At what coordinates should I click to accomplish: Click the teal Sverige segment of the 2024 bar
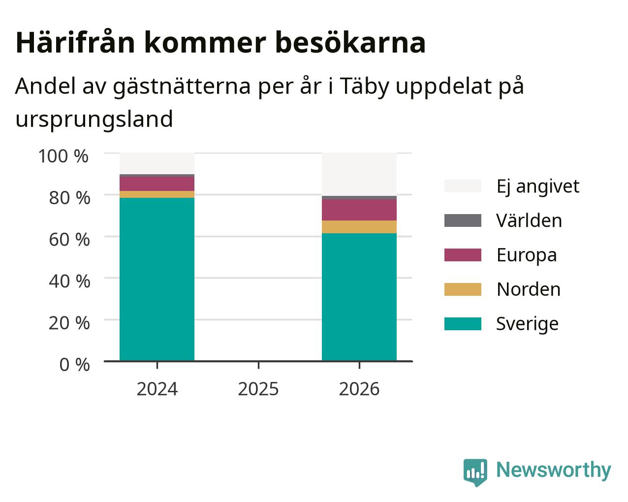tap(157, 280)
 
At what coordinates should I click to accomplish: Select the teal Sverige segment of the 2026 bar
tap(359, 297)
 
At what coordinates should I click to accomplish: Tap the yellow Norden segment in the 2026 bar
tap(359, 227)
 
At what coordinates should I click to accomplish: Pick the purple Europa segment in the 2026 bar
tap(359, 210)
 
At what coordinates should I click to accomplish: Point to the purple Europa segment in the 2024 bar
tap(157, 184)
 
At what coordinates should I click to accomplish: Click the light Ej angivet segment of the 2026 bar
tap(359, 174)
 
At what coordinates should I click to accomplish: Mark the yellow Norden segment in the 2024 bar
tap(157, 194)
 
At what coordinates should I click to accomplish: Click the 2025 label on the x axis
tap(258, 389)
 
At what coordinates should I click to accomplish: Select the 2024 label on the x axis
tap(157, 389)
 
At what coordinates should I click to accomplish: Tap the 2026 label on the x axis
tap(359, 389)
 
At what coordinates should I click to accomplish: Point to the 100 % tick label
tap(63, 156)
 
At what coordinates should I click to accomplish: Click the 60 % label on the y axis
tap(69, 240)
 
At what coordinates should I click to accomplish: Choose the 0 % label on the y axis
tap(74, 365)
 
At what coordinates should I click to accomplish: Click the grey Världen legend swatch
tap(463, 220)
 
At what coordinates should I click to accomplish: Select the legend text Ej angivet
tap(538, 187)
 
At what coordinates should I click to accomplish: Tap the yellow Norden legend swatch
tap(463, 289)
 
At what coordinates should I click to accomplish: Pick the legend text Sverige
tap(527, 324)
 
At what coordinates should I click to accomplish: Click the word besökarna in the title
tap(350, 43)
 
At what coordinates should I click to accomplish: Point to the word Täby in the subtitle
tap(364, 87)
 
